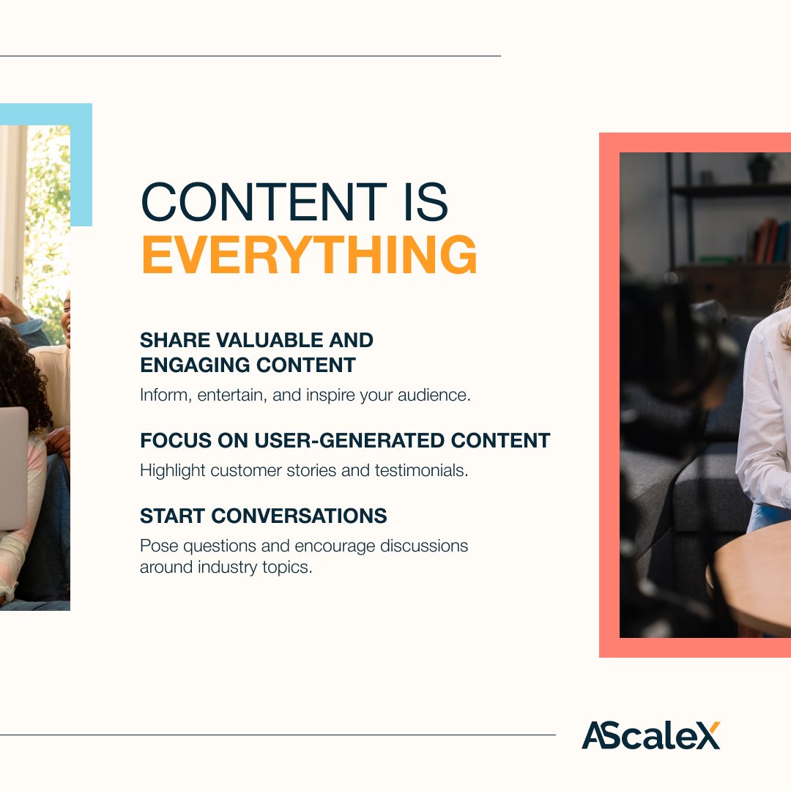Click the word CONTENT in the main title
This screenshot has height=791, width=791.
(264, 202)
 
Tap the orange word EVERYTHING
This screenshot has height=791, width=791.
(309, 255)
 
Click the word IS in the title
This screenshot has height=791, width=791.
(426, 202)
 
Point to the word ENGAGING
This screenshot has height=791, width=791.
(195, 365)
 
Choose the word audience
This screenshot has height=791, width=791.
(434, 395)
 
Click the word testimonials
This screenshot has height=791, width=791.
(421, 470)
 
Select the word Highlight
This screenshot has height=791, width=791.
(173, 471)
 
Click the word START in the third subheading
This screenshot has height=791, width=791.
(173, 516)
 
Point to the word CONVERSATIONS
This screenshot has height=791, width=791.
(299, 516)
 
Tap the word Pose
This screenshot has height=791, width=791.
(158, 546)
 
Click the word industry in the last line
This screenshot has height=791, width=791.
(228, 567)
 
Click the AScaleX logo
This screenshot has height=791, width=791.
(651, 735)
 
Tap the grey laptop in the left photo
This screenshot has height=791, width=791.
(14, 469)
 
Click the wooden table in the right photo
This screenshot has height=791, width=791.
(752, 580)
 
